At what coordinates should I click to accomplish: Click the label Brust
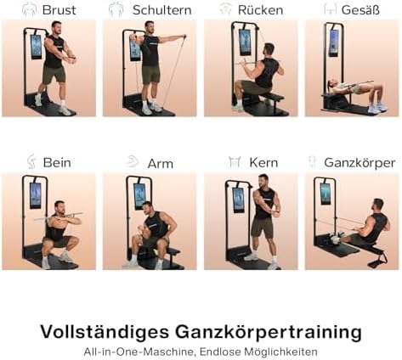[59, 10]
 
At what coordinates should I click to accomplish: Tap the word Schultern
[161, 10]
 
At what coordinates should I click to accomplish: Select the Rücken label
[260, 10]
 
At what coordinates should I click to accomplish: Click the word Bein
[57, 162]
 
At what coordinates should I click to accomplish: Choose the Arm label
[160, 162]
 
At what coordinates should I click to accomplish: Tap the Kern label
[263, 162]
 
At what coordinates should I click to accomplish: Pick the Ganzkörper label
[360, 162]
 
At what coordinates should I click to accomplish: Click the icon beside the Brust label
[29, 10]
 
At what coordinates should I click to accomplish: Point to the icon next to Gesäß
[330, 10]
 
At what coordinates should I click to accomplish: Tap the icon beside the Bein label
[31, 162]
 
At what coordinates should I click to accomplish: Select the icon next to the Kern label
[234, 162]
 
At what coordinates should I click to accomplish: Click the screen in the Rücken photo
[245, 43]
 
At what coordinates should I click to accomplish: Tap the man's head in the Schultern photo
[150, 28]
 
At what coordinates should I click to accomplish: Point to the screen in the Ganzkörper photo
[326, 194]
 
